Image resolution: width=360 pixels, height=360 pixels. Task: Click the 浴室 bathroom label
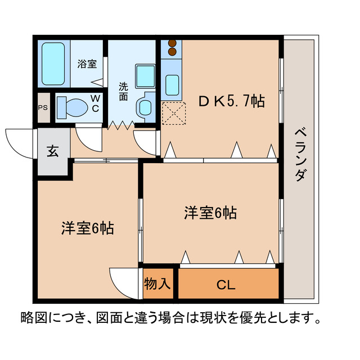tap(87, 64)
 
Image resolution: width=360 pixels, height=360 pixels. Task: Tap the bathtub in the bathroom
tap(54, 63)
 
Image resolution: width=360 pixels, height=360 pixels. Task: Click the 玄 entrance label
tap(52, 151)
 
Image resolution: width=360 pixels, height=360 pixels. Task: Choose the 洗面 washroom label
tap(123, 91)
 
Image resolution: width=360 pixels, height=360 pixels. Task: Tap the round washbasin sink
tap(145, 106)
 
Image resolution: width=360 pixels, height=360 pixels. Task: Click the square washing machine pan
tap(145, 75)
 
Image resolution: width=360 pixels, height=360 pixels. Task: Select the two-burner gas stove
tap(172, 48)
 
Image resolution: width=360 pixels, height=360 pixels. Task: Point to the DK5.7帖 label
tap(231, 102)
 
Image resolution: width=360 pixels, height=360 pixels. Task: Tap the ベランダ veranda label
tap(300, 154)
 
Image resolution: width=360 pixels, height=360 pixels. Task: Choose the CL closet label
tap(226, 284)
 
